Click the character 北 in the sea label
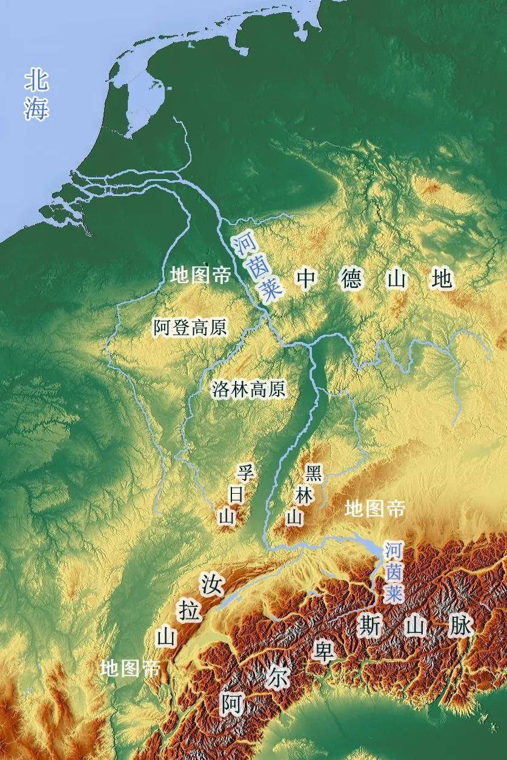click(36, 80)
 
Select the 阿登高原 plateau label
click(190, 328)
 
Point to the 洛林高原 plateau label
click(248, 389)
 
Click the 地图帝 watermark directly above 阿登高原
click(200, 276)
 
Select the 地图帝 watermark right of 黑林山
click(374, 509)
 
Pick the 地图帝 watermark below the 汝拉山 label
click(131, 669)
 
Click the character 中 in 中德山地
click(307, 280)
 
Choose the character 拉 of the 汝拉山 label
click(190, 611)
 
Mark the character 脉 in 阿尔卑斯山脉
click(460, 626)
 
